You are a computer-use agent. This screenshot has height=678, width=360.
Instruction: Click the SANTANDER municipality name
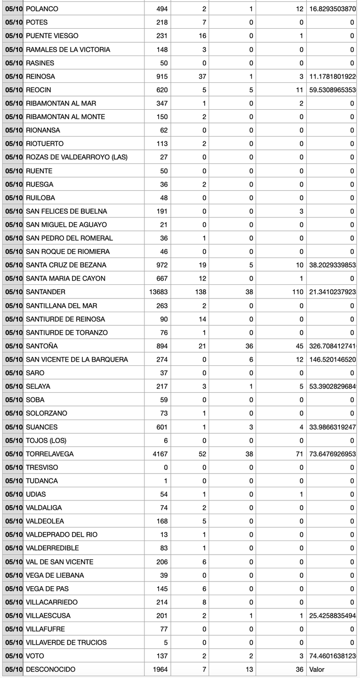click(46, 292)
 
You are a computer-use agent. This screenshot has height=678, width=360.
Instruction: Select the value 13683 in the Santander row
click(158, 292)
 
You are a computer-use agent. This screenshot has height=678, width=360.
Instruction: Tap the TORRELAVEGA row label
click(49, 454)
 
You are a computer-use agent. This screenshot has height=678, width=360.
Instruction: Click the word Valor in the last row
click(317, 670)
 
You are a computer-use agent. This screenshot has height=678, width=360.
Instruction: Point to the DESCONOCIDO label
click(50, 670)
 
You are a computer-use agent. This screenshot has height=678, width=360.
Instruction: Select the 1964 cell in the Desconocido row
click(160, 670)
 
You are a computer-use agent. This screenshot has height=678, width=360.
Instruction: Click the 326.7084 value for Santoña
click(332, 346)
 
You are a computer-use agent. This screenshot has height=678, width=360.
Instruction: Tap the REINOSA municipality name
click(40, 76)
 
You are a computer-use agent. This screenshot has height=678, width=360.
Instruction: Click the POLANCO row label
click(42, 9)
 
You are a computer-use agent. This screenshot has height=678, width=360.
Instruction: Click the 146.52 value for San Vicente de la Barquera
click(332, 359)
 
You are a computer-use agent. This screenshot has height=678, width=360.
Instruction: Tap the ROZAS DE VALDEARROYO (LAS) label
click(77, 157)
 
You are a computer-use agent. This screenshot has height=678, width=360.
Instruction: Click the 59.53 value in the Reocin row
click(332, 89)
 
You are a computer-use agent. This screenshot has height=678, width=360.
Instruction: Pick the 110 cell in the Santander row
click(297, 292)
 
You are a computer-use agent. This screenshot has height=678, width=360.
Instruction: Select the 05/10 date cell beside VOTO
click(14, 656)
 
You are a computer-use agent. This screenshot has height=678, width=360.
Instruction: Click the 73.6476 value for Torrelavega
click(332, 454)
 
